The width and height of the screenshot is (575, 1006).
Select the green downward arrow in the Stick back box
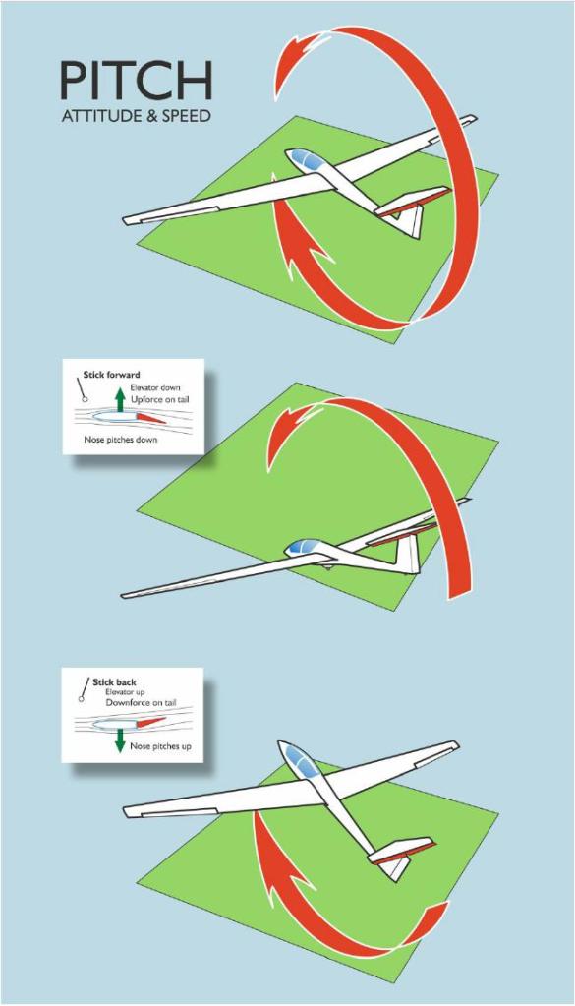pyautogui.click(x=120, y=740)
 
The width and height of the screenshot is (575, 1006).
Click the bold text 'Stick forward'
pyautogui.click(x=111, y=375)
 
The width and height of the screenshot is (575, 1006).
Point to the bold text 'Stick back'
pyautogui.click(x=114, y=682)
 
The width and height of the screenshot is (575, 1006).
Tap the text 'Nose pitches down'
pyautogui.click(x=121, y=441)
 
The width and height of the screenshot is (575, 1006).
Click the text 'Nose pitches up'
pyautogui.click(x=160, y=746)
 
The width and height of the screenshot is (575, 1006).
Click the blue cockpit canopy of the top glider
pyautogui.click(x=305, y=159)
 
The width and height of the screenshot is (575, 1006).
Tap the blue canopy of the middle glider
pyautogui.click(x=303, y=547)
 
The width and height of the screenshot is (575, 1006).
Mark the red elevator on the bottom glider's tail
pyautogui.click(x=404, y=852)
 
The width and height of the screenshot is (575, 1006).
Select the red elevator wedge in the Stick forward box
pyautogui.click(x=151, y=418)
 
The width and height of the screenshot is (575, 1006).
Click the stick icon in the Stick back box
pyautogui.click(x=84, y=690)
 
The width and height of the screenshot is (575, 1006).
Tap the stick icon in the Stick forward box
pyautogui.click(x=82, y=388)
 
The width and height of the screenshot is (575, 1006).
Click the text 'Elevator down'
pyautogui.click(x=155, y=387)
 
